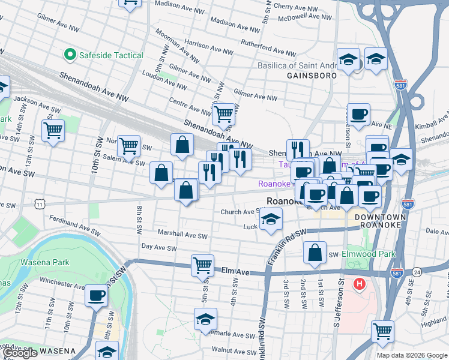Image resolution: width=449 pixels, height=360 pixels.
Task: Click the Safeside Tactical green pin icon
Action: tap(70, 56)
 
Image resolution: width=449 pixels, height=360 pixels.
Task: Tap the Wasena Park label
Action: tap(46, 262)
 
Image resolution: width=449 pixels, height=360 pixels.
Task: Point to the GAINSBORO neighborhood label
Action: tap(309, 76)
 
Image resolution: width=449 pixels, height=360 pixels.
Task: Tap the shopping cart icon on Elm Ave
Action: tap(203, 264)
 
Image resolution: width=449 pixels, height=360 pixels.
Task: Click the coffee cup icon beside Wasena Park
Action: tap(96, 295)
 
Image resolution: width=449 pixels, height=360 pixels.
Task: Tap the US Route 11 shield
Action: tap(40, 205)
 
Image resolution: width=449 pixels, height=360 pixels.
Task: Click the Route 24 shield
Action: tap(417, 272)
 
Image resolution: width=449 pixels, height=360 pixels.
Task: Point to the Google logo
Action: tap(19, 353)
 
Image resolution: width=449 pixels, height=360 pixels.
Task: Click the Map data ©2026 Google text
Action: tap(411, 355)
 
